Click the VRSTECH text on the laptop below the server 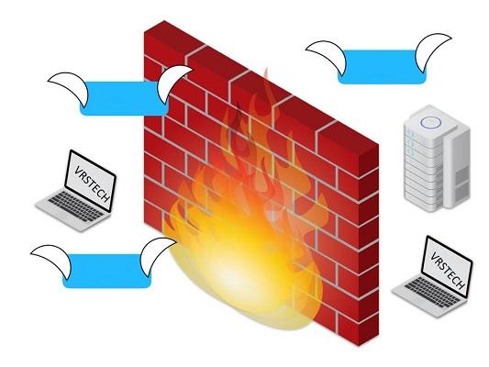448,271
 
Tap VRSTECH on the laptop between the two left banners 93,184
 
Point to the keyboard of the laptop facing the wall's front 76,206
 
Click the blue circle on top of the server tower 430,122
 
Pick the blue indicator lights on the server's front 410,144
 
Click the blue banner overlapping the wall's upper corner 124,98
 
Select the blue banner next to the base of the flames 106,271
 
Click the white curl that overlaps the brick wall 171,83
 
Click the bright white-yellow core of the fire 238,274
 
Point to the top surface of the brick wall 261,82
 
